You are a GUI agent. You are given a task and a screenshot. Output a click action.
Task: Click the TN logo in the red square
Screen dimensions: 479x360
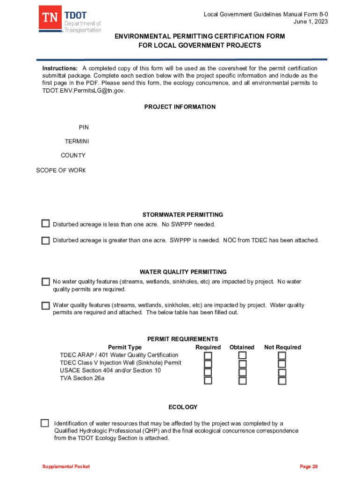pos(50,19)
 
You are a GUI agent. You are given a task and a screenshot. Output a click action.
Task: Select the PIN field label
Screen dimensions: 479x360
pos(84,127)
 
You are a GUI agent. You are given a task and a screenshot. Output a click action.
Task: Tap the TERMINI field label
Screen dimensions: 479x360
pos(77,141)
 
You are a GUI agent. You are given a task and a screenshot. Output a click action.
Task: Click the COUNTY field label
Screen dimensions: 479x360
pos(73,155)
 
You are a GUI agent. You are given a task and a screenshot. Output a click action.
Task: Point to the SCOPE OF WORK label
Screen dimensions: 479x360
pos(61,170)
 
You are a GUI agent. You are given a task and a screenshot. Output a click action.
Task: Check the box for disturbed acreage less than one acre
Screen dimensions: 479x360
pos(45,224)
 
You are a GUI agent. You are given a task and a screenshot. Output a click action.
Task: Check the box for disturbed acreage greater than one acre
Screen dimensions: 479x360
pos(45,240)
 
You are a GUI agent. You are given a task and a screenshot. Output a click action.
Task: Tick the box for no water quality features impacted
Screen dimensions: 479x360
pos(45,282)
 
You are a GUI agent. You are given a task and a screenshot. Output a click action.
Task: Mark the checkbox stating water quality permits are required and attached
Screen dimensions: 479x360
pos(45,305)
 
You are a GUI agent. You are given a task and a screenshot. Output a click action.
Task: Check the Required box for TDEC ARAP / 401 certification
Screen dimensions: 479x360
pos(208,356)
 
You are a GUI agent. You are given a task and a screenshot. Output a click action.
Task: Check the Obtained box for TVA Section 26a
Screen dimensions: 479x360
pos(242,380)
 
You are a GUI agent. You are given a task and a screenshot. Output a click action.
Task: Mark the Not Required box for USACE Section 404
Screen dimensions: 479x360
pos(282,372)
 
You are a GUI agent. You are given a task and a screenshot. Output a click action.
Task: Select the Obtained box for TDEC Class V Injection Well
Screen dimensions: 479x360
pos(242,364)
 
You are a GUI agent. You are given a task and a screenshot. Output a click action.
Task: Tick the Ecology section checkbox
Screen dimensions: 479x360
pos(45,423)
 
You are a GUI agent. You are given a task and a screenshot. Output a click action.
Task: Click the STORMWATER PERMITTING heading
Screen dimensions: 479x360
pos(183,215)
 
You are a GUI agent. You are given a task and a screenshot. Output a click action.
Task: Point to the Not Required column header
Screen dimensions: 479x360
pos(282,347)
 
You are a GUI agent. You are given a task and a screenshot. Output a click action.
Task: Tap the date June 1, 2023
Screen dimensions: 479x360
pos(310,22)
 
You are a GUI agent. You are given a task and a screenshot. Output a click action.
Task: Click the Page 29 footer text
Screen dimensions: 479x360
pos(309,466)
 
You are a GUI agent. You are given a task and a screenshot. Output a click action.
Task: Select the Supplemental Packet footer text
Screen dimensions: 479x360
pos(66,466)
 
